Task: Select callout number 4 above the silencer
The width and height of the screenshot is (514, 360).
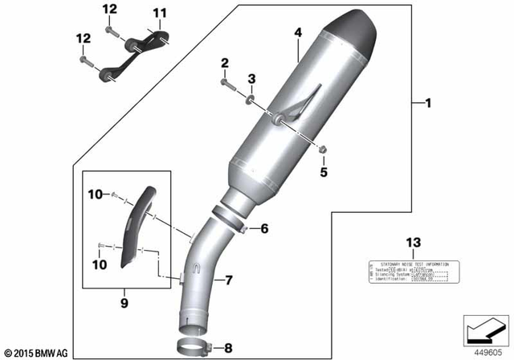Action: tap(297, 34)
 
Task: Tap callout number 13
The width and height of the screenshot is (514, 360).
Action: tap(412, 243)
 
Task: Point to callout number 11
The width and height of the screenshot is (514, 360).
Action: tap(159, 14)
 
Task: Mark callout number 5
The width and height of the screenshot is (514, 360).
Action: tap(325, 170)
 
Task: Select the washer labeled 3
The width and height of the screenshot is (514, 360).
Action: tap(251, 98)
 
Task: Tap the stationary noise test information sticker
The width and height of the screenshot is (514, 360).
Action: tap(412, 271)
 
